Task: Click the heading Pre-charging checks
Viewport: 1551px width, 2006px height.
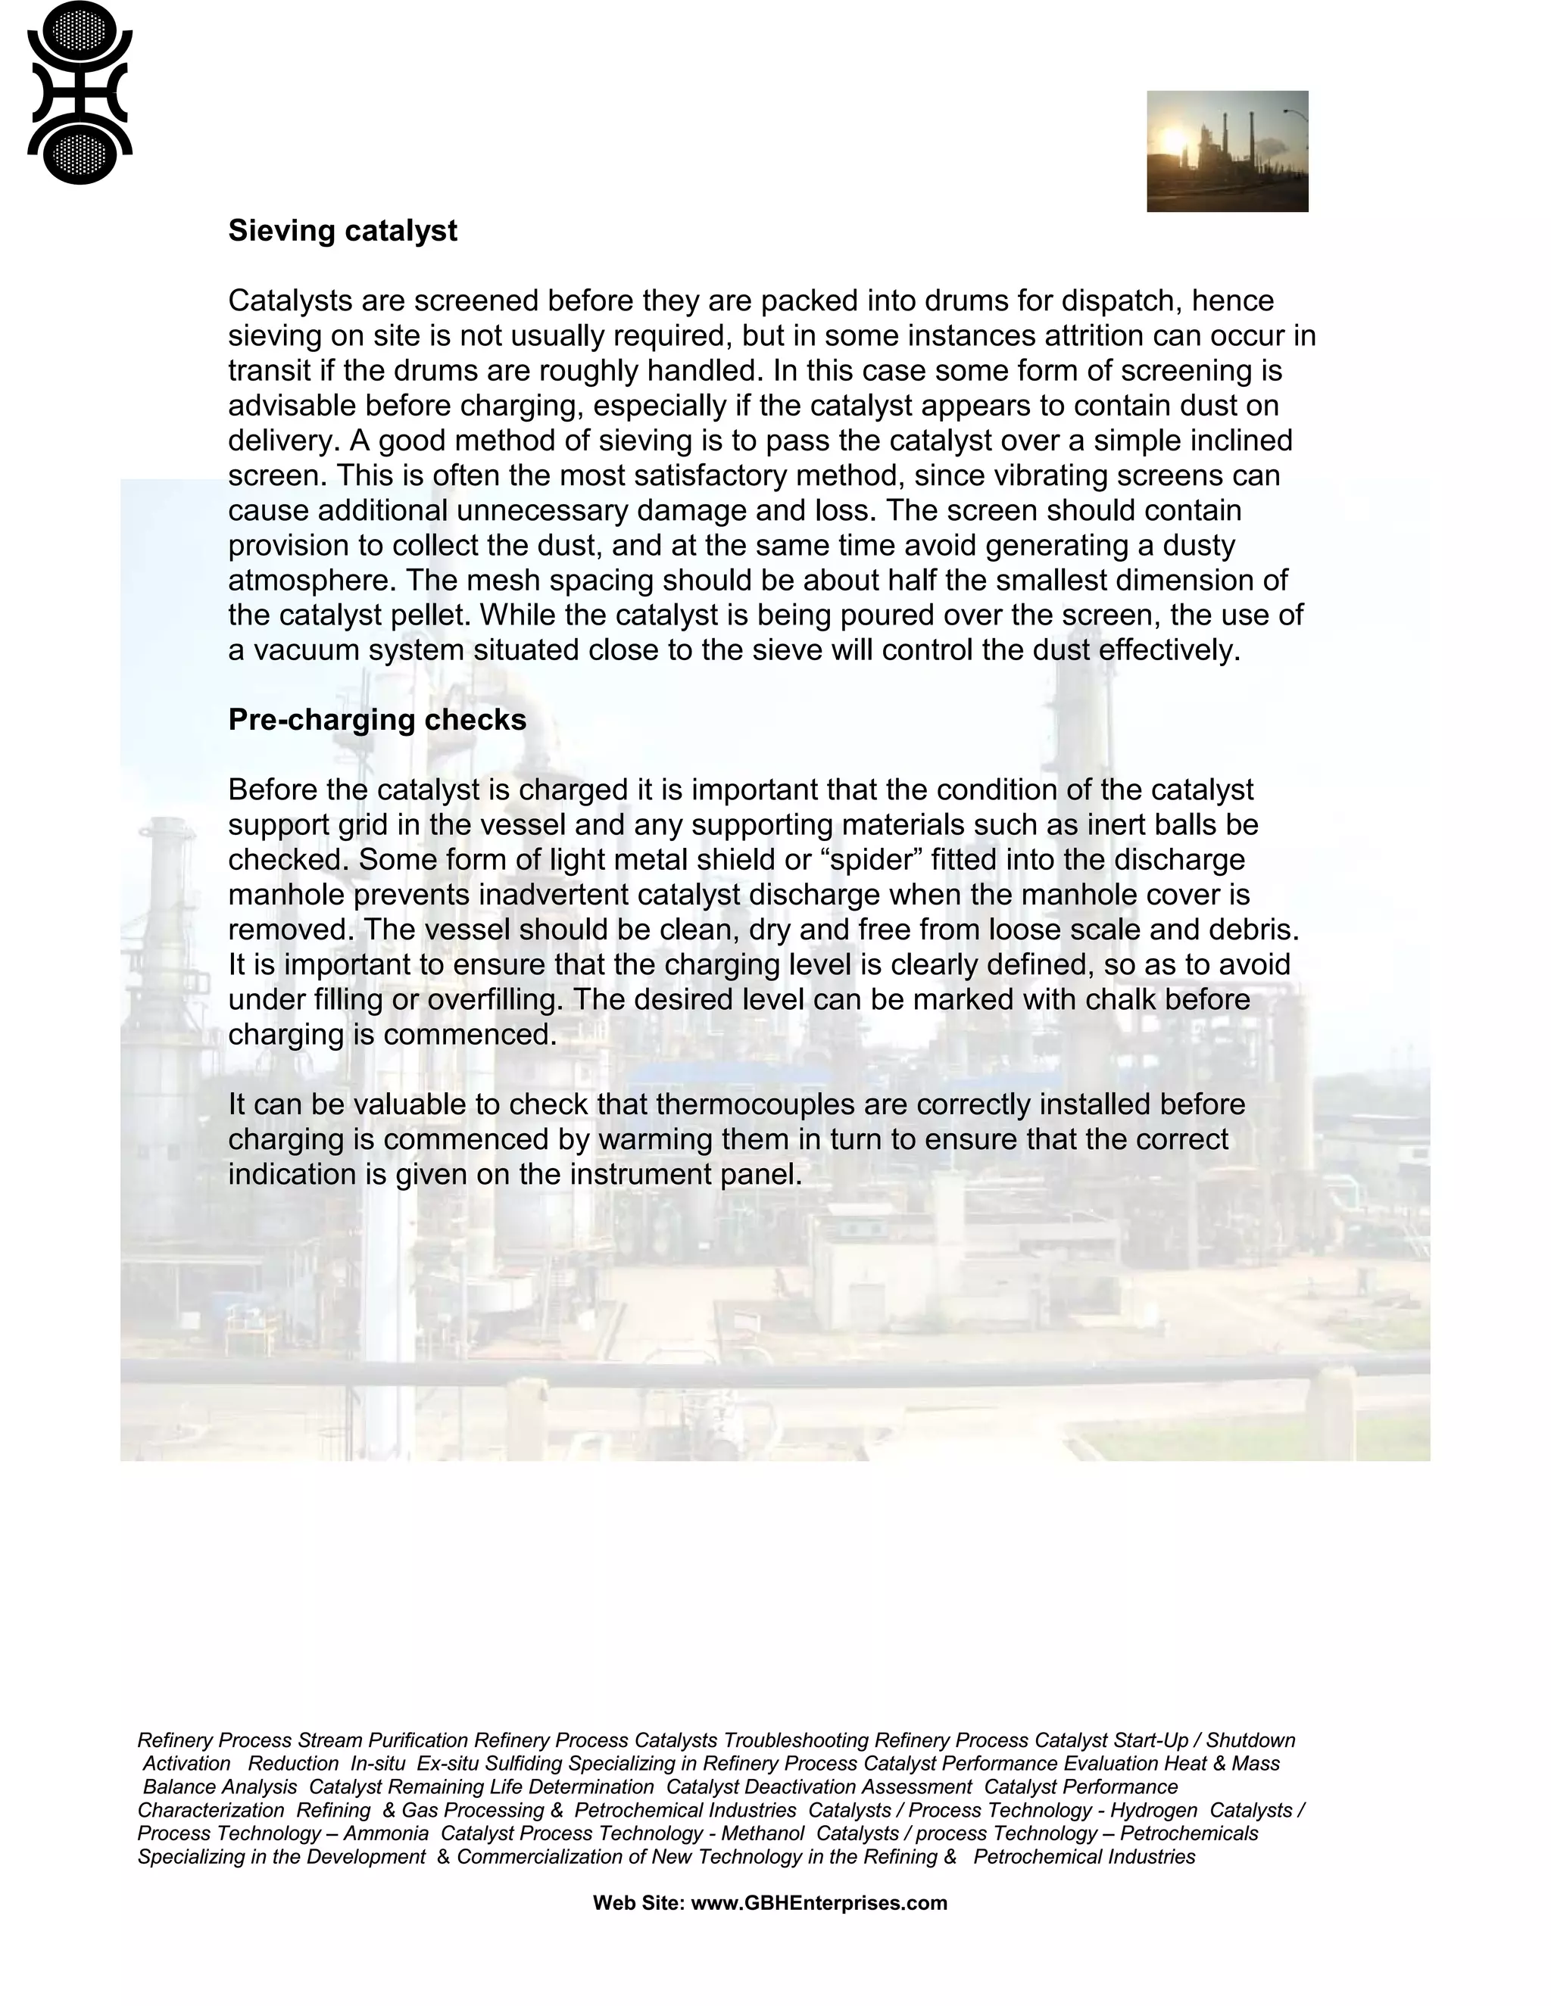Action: pos(376,720)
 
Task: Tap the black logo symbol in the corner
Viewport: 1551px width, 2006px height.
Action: pos(80,93)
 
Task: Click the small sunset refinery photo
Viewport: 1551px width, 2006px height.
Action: pos(1227,151)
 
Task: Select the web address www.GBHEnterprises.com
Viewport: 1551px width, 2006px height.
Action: pos(818,1902)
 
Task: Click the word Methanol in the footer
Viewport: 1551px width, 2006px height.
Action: pos(762,1833)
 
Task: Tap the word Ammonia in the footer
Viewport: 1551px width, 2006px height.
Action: pos(386,1833)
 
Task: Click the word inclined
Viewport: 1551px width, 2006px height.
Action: pos(1241,441)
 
